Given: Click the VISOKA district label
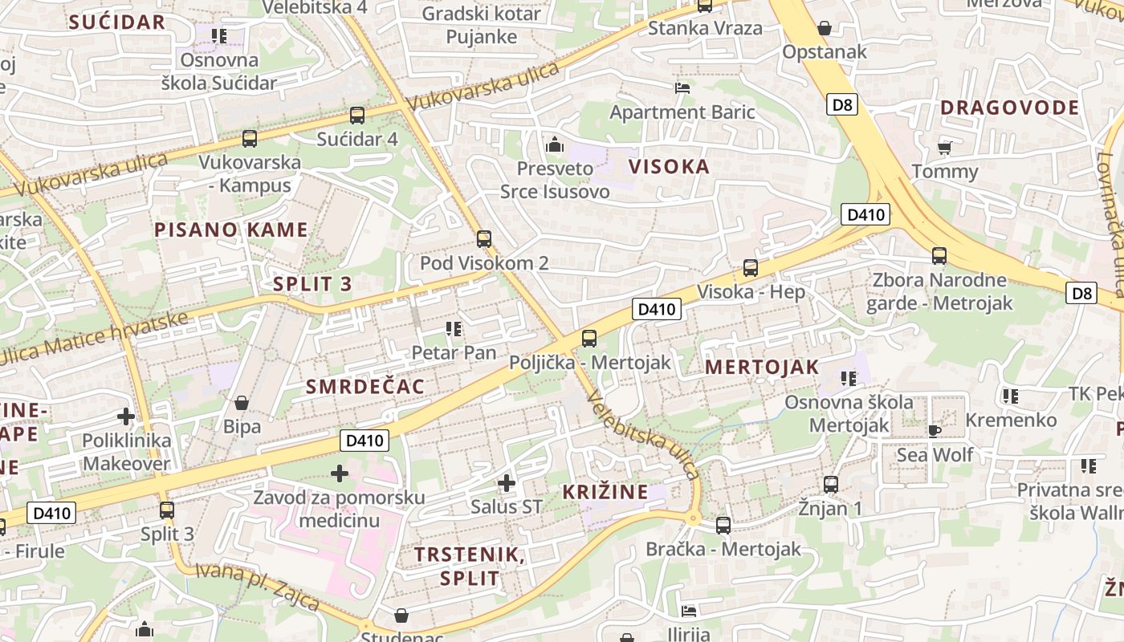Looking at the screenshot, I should pyautogui.click(x=669, y=167).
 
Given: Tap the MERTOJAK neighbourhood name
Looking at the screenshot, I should pyautogui.click(x=762, y=368).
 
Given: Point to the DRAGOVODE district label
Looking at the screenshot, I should pyautogui.click(x=1009, y=108).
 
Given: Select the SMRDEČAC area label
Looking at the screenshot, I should pyautogui.click(x=365, y=387).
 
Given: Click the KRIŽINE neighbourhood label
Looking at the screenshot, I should pyautogui.click(x=605, y=492).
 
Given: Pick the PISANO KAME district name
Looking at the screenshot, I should pyautogui.click(x=231, y=230).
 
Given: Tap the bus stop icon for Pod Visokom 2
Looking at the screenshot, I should pyautogui.click(x=483, y=239).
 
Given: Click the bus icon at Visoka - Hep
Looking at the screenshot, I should pyautogui.click(x=751, y=268).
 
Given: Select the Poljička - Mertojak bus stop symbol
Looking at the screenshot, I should pyautogui.click(x=589, y=339).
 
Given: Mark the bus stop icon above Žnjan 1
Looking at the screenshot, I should pyautogui.click(x=831, y=485).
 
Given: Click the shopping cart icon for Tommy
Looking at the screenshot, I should pyautogui.click(x=945, y=148).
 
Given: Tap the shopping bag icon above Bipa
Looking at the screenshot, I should pyautogui.click(x=241, y=403).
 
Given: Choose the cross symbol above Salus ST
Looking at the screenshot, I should pyautogui.click(x=507, y=483).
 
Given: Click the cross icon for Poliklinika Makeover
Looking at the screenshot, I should pyautogui.click(x=126, y=416).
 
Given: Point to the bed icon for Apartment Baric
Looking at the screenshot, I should pyautogui.click(x=682, y=87).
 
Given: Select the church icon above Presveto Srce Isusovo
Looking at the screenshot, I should pyautogui.click(x=554, y=145).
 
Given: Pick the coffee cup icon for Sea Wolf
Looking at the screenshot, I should pyautogui.click(x=934, y=431).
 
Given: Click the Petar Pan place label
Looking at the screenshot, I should pyautogui.click(x=454, y=352).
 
